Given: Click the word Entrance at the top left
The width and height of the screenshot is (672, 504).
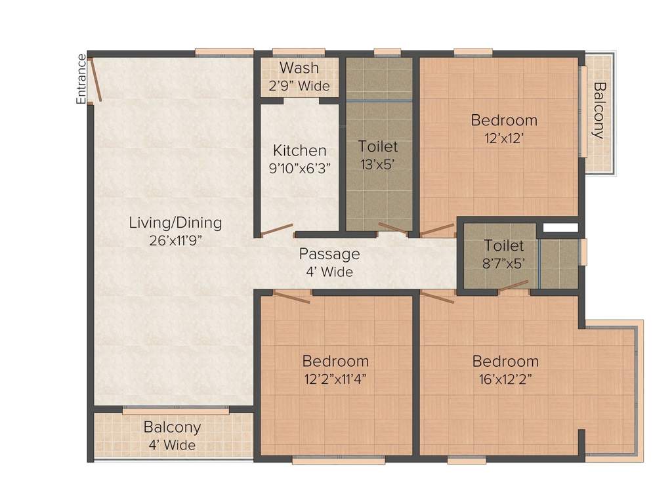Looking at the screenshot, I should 81,79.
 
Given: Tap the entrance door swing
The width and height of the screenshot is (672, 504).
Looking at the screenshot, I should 96,79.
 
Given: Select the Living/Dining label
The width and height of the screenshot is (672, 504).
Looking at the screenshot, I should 175,222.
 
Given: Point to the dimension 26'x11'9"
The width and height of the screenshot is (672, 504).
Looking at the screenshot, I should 175,240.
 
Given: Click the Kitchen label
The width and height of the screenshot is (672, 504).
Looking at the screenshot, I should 300,150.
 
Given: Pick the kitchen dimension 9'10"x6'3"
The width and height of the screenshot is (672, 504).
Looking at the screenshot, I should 300,168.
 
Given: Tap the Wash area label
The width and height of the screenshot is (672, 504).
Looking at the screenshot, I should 299,68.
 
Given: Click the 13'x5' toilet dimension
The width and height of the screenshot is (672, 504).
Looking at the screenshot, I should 378,164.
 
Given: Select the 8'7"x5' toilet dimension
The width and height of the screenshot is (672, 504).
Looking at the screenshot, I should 504,264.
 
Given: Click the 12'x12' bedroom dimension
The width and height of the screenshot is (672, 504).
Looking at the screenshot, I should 504,138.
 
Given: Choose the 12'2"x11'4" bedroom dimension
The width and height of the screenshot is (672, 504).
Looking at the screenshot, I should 335,379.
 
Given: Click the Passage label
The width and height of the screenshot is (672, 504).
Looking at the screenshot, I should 329,254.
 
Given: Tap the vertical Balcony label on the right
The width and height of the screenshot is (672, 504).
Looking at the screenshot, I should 598,110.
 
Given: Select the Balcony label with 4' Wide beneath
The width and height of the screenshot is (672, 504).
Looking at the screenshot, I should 172,427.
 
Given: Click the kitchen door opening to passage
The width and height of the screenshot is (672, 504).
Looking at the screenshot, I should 276,230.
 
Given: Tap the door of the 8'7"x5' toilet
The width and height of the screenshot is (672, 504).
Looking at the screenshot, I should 513,285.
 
